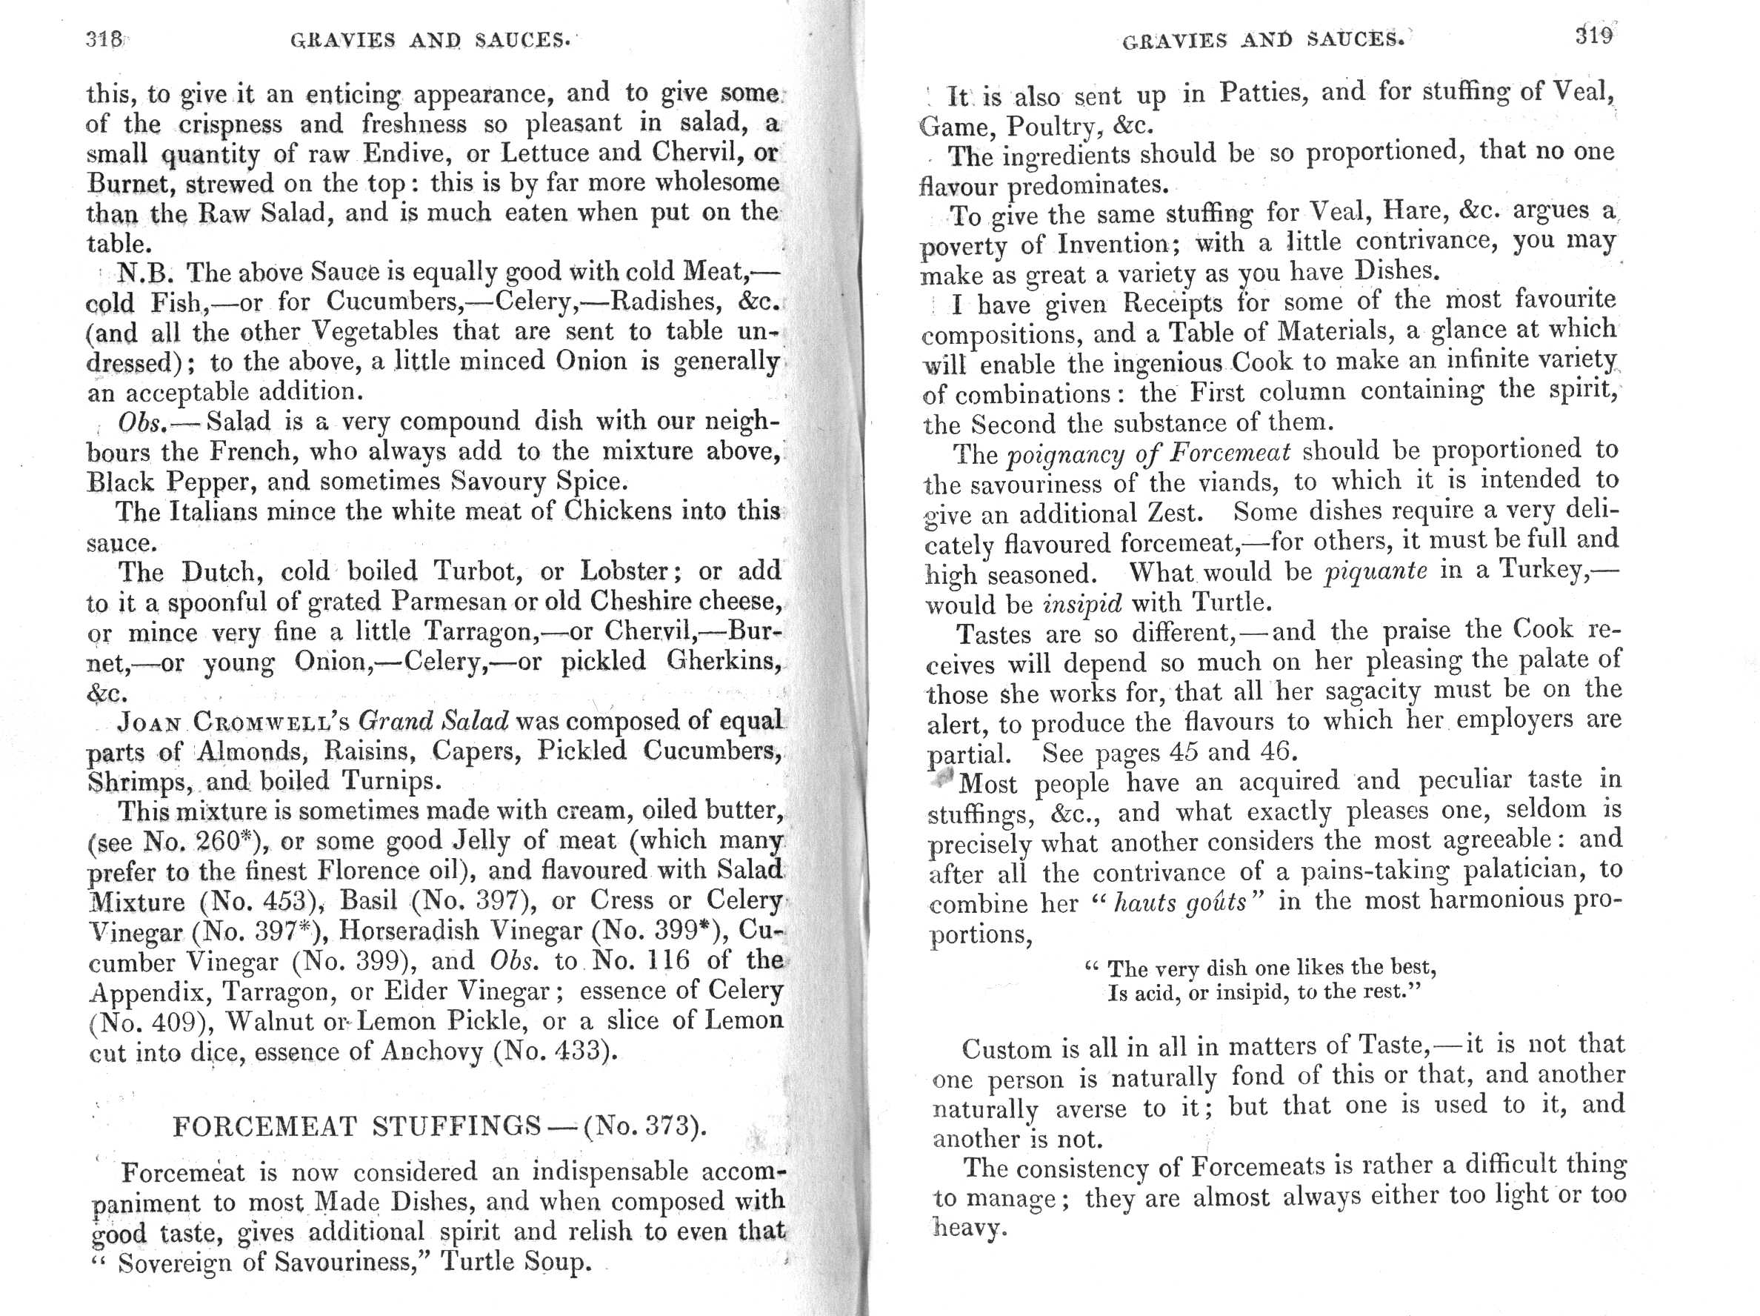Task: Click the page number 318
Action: click(104, 39)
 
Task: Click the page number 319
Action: click(1594, 36)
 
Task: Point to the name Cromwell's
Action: click(272, 721)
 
